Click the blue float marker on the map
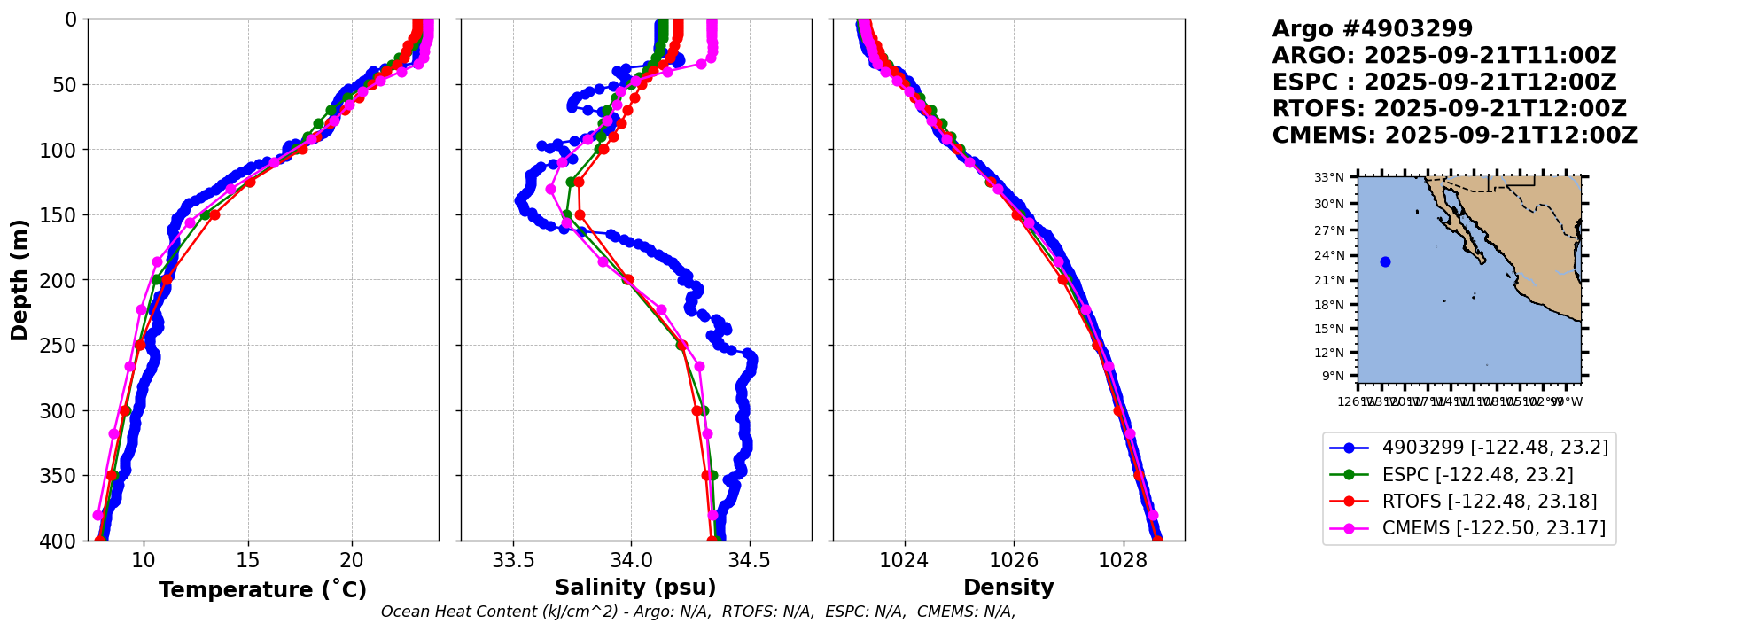tap(1385, 261)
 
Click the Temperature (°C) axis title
tap(262, 590)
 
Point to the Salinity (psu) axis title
tap(635, 588)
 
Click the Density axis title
tap(1008, 588)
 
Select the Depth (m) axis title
tap(19, 280)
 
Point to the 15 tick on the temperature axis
tap(248, 561)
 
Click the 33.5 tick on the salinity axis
tap(513, 561)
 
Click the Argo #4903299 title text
tap(1372, 29)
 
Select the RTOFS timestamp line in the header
tap(1449, 109)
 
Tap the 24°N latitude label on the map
tap(1329, 256)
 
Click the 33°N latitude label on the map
tap(1329, 177)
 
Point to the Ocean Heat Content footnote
tap(698, 612)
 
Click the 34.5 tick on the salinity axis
tap(750, 561)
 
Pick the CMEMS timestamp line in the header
tap(1454, 136)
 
